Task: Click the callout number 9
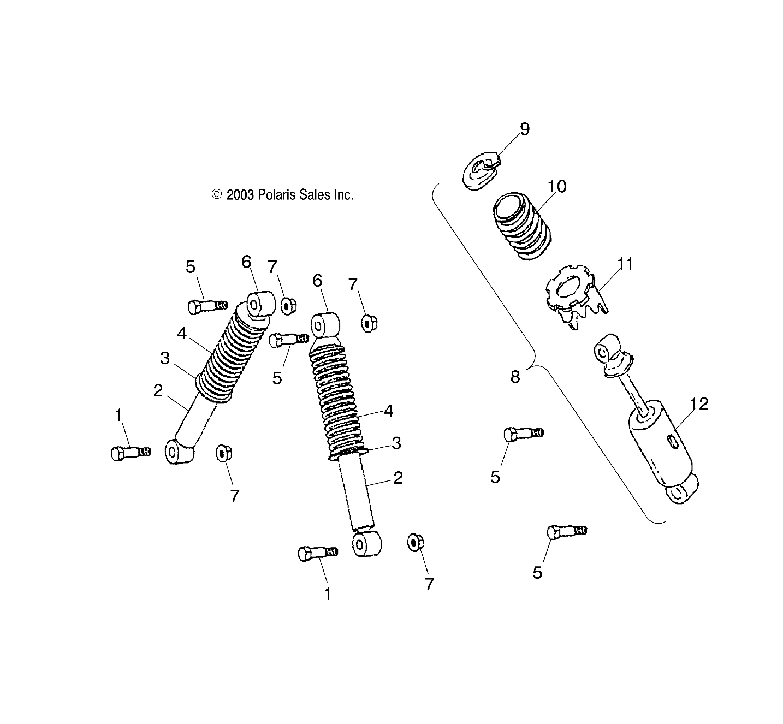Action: (524, 129)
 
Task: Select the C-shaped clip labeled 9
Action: (482, 170)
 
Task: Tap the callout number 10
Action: (557, 186)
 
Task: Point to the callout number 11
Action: (625, 264)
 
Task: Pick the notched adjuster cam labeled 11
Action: (573, 298)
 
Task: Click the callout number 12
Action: (699, 405)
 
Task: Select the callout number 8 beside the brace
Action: (515, 377)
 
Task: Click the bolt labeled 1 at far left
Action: (130, 453)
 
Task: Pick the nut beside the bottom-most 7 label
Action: (415, 542)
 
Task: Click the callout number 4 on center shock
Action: (388, 411)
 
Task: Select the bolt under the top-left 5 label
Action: (206, 306)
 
